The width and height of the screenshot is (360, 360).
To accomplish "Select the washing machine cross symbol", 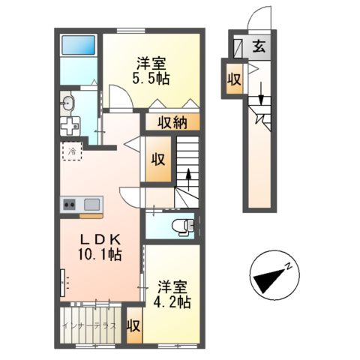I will (72, 126).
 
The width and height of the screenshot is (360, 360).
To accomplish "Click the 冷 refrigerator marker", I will (72, 154).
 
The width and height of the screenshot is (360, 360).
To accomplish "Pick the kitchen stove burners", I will (70, 203).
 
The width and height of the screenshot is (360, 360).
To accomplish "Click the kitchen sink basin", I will (92, 203).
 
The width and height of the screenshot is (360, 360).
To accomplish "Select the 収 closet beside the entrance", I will (234, 79).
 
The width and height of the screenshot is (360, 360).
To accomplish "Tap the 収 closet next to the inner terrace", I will (133, 326).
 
